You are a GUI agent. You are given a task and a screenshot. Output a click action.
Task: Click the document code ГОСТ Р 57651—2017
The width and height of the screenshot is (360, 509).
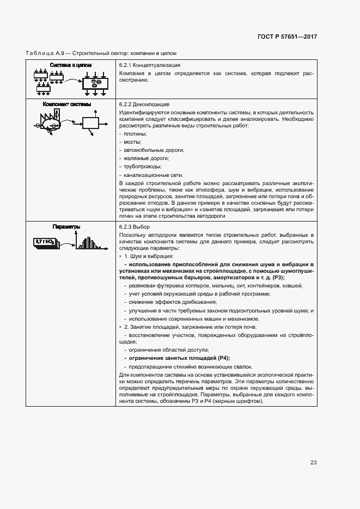287,37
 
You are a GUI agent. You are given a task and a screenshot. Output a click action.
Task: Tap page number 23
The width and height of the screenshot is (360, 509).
313,463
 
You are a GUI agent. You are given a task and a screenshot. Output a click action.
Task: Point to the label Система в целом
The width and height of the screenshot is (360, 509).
71,65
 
